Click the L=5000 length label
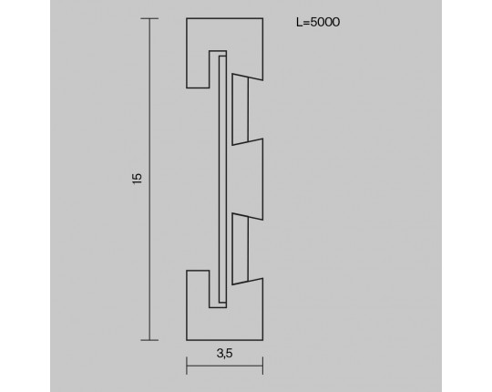[x=318, y=22]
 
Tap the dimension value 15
[x=137, y=179]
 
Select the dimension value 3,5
[x=224, y=354]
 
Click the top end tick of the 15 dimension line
[x=149, y=19]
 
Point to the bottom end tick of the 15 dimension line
[x=149, y=340]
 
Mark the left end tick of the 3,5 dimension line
[x=187, y=366]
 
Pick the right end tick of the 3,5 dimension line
[x=262, y=366]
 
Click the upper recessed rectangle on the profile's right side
[x=240, y=109]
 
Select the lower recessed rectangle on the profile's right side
[x=240, y=249]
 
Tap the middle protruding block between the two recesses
[x=247, y=180]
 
